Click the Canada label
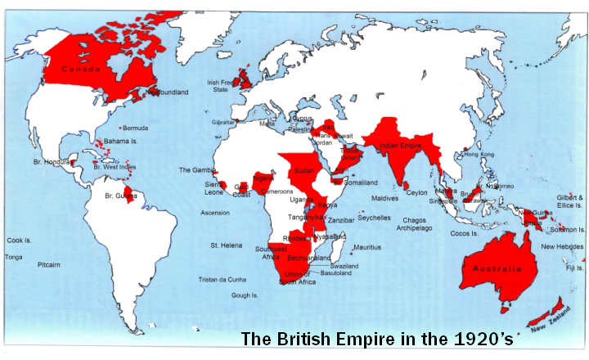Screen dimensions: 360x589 pyautogui.click(x=86, y=69)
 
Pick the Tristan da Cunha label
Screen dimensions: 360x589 pyautogui.click(x=223, y=279)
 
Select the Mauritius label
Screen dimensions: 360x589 pyautogui.click(x=367, y=247)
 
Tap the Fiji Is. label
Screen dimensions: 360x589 pyautogui.click(x=574, y=268)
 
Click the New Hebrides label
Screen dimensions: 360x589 pyautogui.click(x=562, y=246)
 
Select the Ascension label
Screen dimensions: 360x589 pyautogui.click(x=214, y=213)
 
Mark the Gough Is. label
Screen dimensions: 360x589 pyautogui.click(x=245, y=295)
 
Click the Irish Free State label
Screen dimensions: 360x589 pyautogui.click(x=223, y=86)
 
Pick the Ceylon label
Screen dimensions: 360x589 pyautogui.click(x=416, y=192)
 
